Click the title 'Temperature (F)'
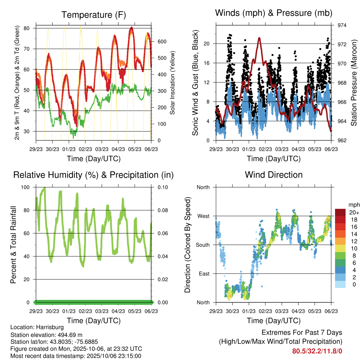tap(94, 15)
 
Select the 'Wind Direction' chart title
tap(274, 175)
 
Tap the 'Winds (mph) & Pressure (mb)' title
tap(274, 13)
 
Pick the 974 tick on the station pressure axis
tap(342, 25)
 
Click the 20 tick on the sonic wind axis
tap(210, 44)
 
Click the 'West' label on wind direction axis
tap(203, 216)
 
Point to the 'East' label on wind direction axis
tap(204, 274)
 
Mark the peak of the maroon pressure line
tap(259, 38)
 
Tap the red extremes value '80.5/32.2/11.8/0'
tap(317, 351)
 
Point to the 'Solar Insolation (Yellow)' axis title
tap(173, 83)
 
